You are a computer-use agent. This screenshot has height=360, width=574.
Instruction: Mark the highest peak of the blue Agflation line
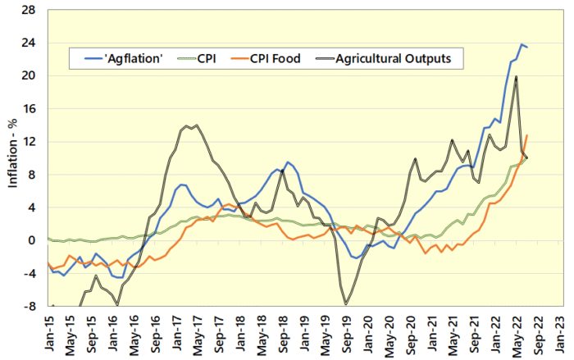521,44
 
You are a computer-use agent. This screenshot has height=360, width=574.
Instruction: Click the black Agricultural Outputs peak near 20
516,76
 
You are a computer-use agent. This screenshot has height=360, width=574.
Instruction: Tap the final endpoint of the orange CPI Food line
526,135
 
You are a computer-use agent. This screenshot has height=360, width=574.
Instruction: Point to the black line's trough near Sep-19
346,304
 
